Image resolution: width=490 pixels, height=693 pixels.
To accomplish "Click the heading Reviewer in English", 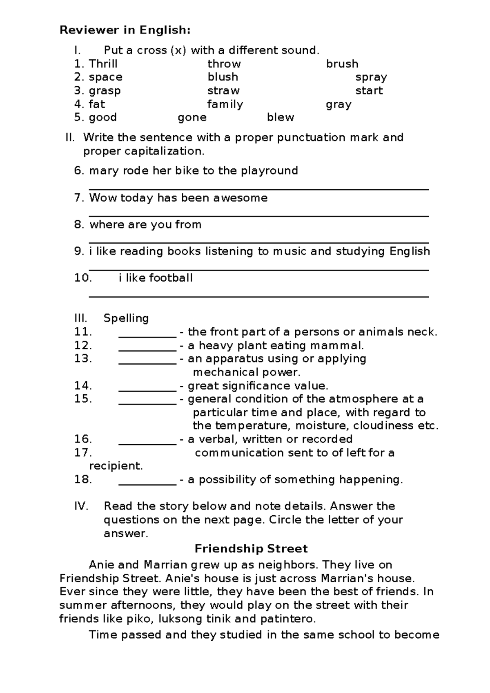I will click(125, 30).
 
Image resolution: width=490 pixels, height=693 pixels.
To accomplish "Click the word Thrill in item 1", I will click(103, 64).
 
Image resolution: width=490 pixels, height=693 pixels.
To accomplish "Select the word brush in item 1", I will click(342, 64).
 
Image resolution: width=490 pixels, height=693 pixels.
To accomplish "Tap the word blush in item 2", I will click(223, 77).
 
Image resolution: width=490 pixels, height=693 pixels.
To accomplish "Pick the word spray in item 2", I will click(371, 77).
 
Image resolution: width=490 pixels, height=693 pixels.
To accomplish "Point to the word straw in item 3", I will click(223, 91).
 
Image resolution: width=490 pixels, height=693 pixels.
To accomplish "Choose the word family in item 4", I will click(225, 104).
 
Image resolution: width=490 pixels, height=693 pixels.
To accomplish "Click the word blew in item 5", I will click(281, 118).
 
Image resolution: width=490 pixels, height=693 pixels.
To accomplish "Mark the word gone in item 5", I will click(192, 118).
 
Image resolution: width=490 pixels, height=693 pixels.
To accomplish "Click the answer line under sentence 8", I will click(258, 243).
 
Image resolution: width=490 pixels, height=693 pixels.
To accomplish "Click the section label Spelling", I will click(126, 318).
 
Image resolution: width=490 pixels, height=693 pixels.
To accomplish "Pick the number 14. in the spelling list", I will click(83, 386).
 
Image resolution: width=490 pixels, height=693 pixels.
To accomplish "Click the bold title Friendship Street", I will click(251, 548).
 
